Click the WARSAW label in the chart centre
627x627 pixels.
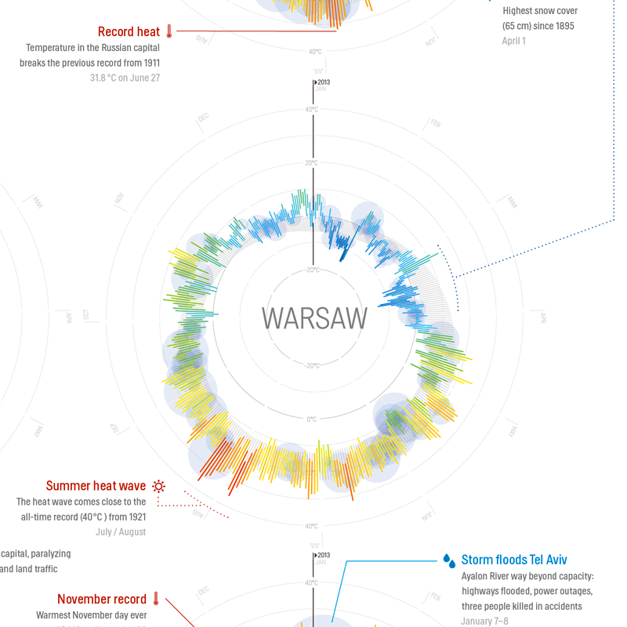click(314, 318)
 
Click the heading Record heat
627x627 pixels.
click(129, 32)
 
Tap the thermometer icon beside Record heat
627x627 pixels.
click(169, 32)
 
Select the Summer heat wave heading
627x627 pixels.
click(96, 486)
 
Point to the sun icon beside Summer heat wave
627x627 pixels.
click(159, 486)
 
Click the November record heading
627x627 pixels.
click(102, 600)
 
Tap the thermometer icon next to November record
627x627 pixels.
click(156, 600)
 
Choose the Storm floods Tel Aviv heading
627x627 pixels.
click(514, 560)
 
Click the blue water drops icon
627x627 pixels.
click(449, 560)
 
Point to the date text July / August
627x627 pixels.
click(121, 531)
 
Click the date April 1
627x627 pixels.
click(514, 41)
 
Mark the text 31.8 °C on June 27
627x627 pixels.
click(125, 78)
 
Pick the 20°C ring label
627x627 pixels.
click(311, 163)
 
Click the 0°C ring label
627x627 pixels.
click(311, 419)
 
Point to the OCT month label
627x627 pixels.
click(87, 316)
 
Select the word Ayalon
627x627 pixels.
click(477, 576)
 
